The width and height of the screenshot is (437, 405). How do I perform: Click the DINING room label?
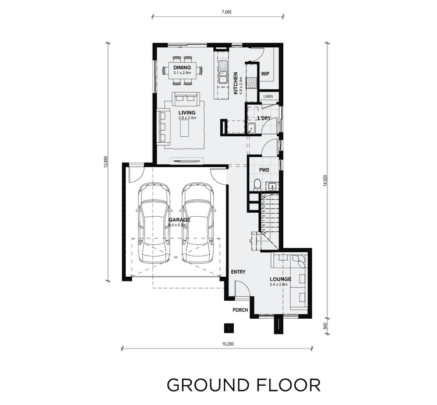[x=182, y=68]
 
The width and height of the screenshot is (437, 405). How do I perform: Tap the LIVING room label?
[x=186, y=112]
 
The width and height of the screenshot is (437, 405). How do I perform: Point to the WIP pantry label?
[x=265, y=74]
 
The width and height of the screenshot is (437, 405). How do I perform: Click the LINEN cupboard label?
[x=268, y=96]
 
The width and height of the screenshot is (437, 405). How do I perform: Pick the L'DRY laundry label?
[x=264, y=118]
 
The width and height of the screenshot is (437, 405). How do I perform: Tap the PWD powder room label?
[x=263, y=170]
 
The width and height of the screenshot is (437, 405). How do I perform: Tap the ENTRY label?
[x=238, y=272]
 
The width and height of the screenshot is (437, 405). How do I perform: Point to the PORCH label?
[x=240, y=310]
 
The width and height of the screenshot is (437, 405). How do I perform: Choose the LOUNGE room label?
[x=280, y=279]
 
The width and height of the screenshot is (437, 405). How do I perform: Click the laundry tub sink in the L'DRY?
[x=251, y=129]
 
